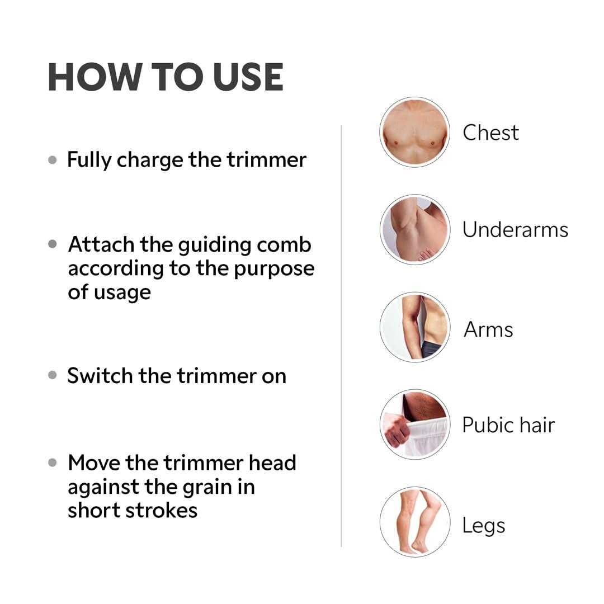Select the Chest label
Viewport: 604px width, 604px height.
[x=490, y=133]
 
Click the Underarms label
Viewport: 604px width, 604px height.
[x=515, y=230]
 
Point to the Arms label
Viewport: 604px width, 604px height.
[x=488, y=329]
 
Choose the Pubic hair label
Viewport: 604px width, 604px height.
[x=508, y=425]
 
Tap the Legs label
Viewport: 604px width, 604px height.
[x=483, y=525]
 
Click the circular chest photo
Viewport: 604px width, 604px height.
[x=414, y=133]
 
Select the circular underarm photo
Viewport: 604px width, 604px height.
[x=414, y=229]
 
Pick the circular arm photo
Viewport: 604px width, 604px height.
[x=414, y=327]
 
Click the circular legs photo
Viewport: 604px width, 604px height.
[x=414, y=522]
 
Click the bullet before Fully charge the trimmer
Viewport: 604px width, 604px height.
[x=53, y=160]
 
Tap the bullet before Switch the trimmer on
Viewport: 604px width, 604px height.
[x=53, y=376]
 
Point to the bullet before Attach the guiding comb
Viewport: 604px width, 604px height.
[x=53, y=244]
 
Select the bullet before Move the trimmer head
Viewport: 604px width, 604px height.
[x=53, y=463]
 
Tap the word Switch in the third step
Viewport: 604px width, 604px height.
[x=101, y=376]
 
